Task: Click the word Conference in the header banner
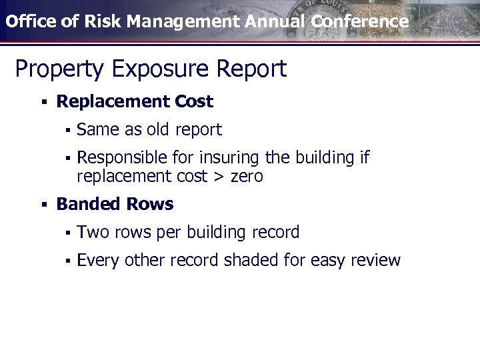coord(359,21)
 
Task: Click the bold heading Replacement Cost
coord(135,102)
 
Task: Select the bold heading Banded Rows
coord(115,204)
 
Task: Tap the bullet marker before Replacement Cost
coord(43,103)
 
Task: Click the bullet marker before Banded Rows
coord(43,205)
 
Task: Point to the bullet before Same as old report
coord(67,130)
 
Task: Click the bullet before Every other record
coord(67,261)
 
